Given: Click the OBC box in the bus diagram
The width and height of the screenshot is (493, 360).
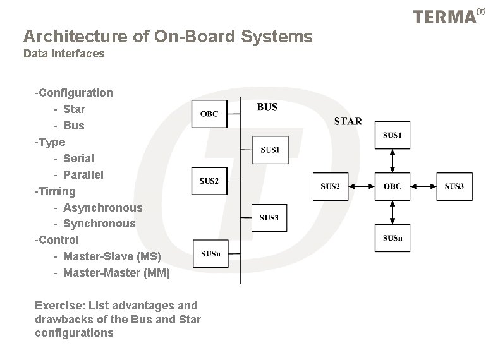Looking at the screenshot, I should click(x=209, y=114).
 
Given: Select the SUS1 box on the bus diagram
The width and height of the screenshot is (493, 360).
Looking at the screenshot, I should click(x=270, y=150).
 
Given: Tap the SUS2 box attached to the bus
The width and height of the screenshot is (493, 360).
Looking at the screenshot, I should click(x=209, y=181).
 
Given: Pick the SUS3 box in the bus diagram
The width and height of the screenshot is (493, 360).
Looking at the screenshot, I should click(x=269, y=217).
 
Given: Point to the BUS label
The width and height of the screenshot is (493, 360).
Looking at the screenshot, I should click(x=267, y=107).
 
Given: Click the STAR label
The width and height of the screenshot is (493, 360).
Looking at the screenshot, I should click(x=348, y=121).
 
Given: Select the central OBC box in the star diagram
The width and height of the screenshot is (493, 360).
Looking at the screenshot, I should click(x=392, y=186).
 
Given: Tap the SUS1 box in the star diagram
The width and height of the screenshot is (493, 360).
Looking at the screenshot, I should click(x=392, y=135).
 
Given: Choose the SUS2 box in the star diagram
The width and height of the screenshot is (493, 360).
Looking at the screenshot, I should click(x=330, y=186).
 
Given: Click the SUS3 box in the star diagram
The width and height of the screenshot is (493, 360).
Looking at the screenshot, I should click(x=454, y=186).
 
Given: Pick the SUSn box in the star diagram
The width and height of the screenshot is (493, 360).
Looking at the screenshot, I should click(x=392, y=237).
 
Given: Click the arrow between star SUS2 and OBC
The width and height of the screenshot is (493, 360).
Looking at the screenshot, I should click(x=361, y=186).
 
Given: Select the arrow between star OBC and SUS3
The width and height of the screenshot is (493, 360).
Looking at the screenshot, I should click(x=423, y=186).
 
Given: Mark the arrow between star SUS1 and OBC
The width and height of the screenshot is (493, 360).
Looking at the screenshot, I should click(x=392, y=160).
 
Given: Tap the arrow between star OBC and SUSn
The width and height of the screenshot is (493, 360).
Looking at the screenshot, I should click(x=392, y=212).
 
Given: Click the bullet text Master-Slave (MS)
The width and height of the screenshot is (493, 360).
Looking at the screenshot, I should click(x=112, y=256).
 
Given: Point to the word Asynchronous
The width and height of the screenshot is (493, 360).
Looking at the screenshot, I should click(x=102, y=207).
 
